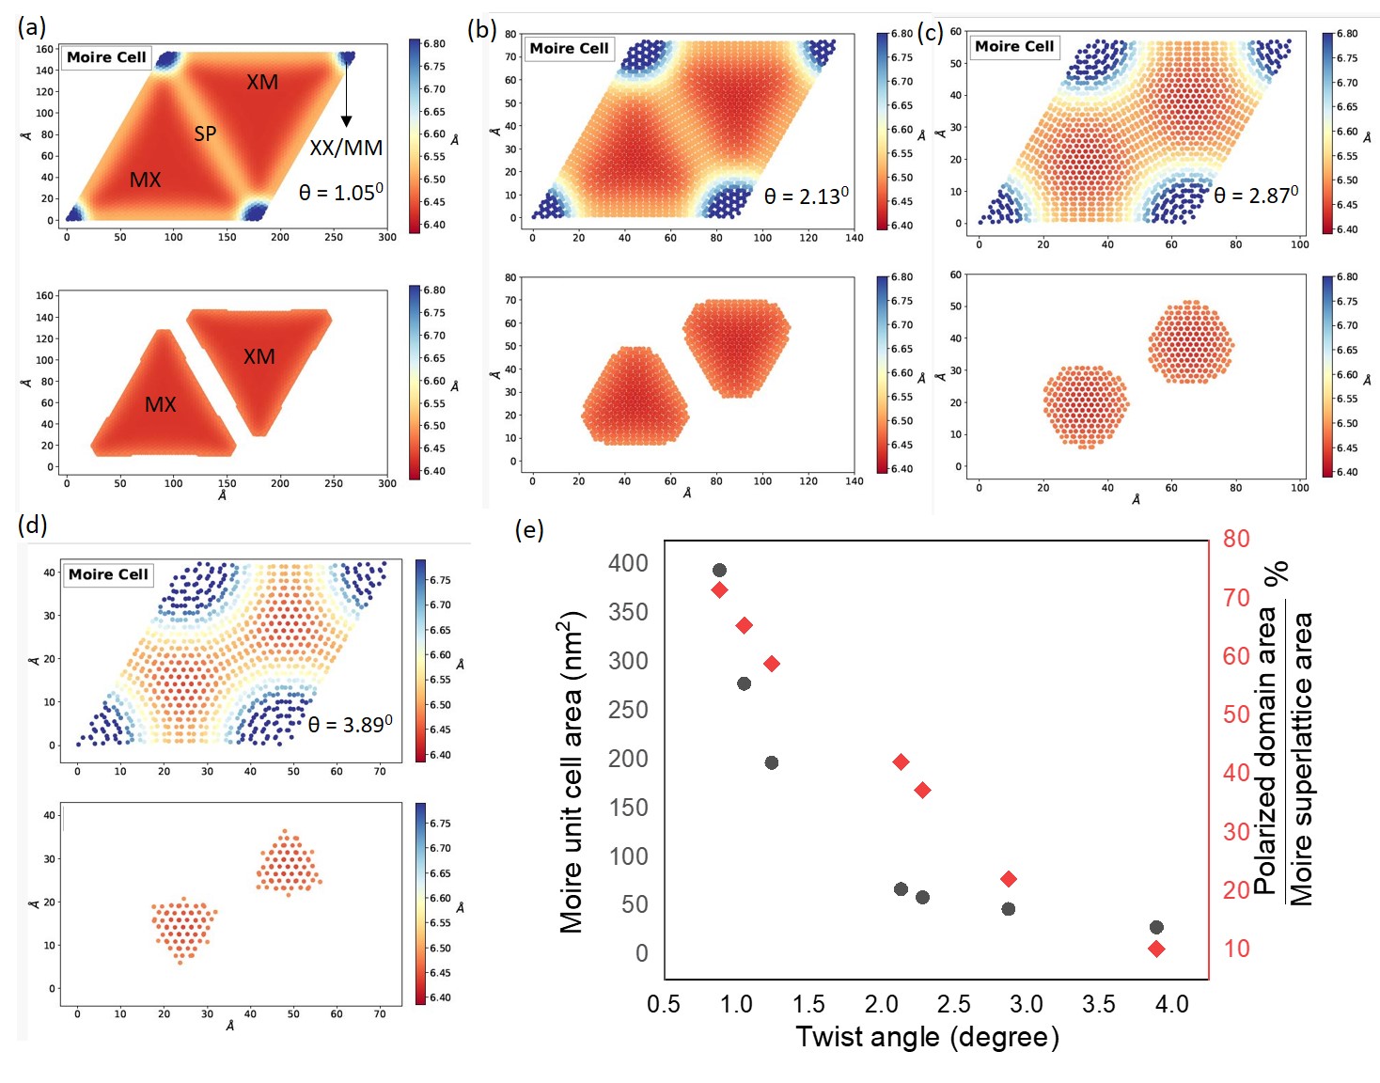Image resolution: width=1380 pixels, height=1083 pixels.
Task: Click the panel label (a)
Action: click(32, 27)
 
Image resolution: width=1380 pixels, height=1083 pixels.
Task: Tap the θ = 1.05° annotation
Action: click(340, 193)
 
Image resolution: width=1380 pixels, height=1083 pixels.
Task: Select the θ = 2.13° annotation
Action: click(806, 196)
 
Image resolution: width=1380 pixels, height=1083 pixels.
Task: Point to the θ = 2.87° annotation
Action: click(1256, 195)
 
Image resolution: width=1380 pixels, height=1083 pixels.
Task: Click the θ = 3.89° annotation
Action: click(350, 725)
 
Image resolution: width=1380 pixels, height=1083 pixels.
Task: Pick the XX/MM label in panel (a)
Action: click(346, 148)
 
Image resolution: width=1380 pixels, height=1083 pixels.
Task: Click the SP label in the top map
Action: click(205, 133)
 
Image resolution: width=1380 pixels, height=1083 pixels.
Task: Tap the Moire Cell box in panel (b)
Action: click(569, 49)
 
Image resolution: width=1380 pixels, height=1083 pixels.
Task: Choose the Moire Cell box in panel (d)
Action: click(108, 574)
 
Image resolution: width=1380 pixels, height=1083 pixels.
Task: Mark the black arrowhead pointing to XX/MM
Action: click(346, 121)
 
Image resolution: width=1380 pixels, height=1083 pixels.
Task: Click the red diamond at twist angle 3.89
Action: click(1156, 949)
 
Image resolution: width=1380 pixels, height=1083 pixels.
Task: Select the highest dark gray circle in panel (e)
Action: click(719, 571)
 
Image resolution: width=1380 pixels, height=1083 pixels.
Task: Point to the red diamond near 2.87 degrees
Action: click(1009, 879)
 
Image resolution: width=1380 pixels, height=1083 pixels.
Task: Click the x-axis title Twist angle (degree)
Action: click(927, 1037)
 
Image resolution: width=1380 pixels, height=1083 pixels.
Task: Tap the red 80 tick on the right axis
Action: click(1236, 539)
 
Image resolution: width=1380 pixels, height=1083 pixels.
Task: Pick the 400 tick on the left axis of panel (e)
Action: click(628, 563)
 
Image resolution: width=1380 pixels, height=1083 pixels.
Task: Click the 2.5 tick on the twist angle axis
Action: click(953, 1004)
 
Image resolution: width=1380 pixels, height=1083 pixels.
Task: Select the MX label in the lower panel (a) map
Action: click(160, 404)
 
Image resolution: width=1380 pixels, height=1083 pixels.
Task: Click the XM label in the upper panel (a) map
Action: click(262, 83)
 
